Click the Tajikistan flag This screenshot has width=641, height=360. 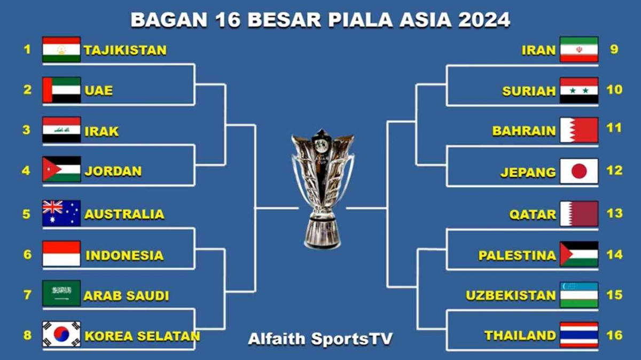pyautogui.click(x=61, y=50)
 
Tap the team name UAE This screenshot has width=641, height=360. pyautogui.click(x=98, y=90)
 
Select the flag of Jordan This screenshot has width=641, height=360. pyautogui.click(x=61, y=170)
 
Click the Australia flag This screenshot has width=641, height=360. pyautogui.click(x=61, y=213)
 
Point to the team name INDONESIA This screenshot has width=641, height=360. pyautogui.click(x=124, y=255)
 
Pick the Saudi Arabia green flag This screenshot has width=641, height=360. pyautogui.click(x=61, y=293)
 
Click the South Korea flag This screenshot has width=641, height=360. pyautogui.click(x=61, y=334)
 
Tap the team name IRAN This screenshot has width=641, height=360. pyautogui.click(x=538, y=50)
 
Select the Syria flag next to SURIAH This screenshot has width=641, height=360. pyautogui.click(x=579, y=90)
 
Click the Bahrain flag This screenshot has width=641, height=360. pyautogui.click(x=579, y=130)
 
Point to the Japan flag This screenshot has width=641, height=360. pyautogui.click(x=579, y=171)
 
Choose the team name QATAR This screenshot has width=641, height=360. pyautogui.click(x=532, y=215)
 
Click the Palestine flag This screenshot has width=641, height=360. pyautogui.click(x=579, y=254)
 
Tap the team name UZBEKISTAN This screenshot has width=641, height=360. pyautogui.click(x=511, y=295)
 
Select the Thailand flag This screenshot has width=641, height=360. pyautogui.click(x=579, y=335)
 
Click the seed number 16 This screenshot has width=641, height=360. pyautogui.click(x=615, y=335)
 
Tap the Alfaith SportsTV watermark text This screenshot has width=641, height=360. pyautogui.click(x=320, y=339)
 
